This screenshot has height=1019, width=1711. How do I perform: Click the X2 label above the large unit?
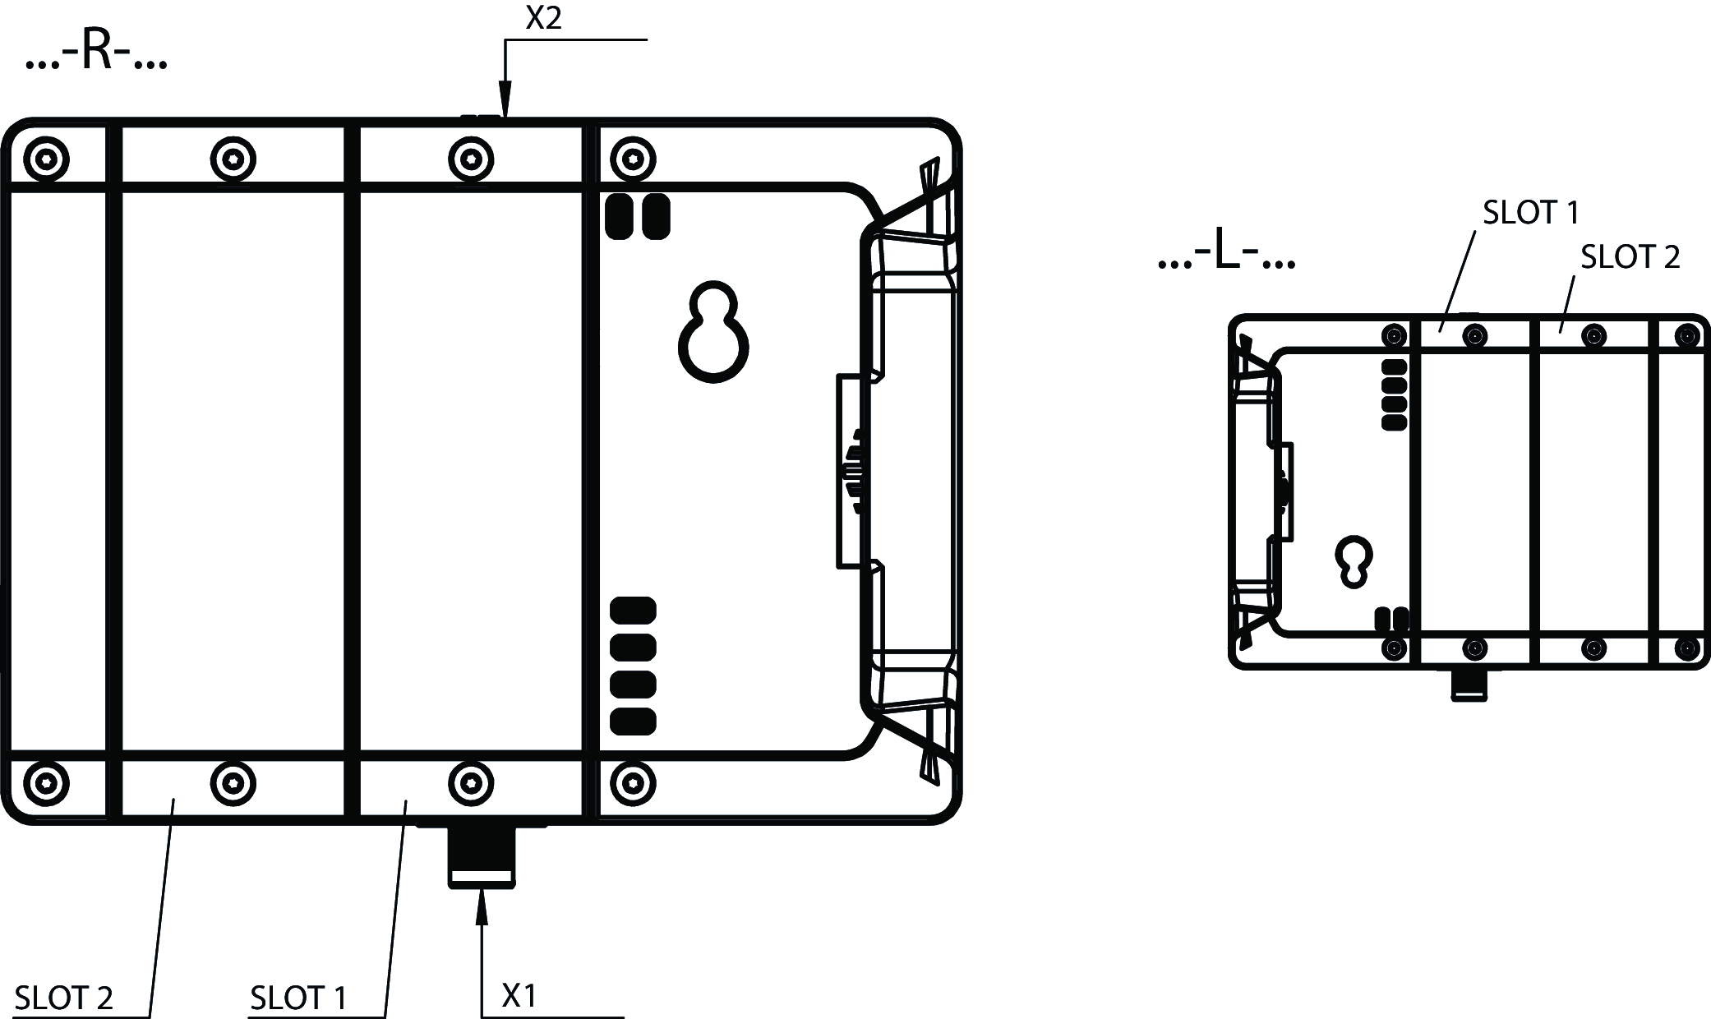(x=543, y=18)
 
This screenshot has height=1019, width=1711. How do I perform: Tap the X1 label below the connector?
(x=519, y=996)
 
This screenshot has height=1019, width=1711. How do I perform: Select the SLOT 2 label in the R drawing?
(x=64, y=998)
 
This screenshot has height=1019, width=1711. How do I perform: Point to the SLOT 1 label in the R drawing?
(x=299, y=998)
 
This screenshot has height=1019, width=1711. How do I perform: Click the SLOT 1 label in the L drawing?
(x=1531, y=213)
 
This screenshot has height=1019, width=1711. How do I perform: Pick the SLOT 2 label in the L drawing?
(x=1630, y=257)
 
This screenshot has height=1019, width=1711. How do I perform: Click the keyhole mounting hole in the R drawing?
(x=713, y=332)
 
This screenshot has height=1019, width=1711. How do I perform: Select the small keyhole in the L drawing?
(x=1354, y=562)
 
